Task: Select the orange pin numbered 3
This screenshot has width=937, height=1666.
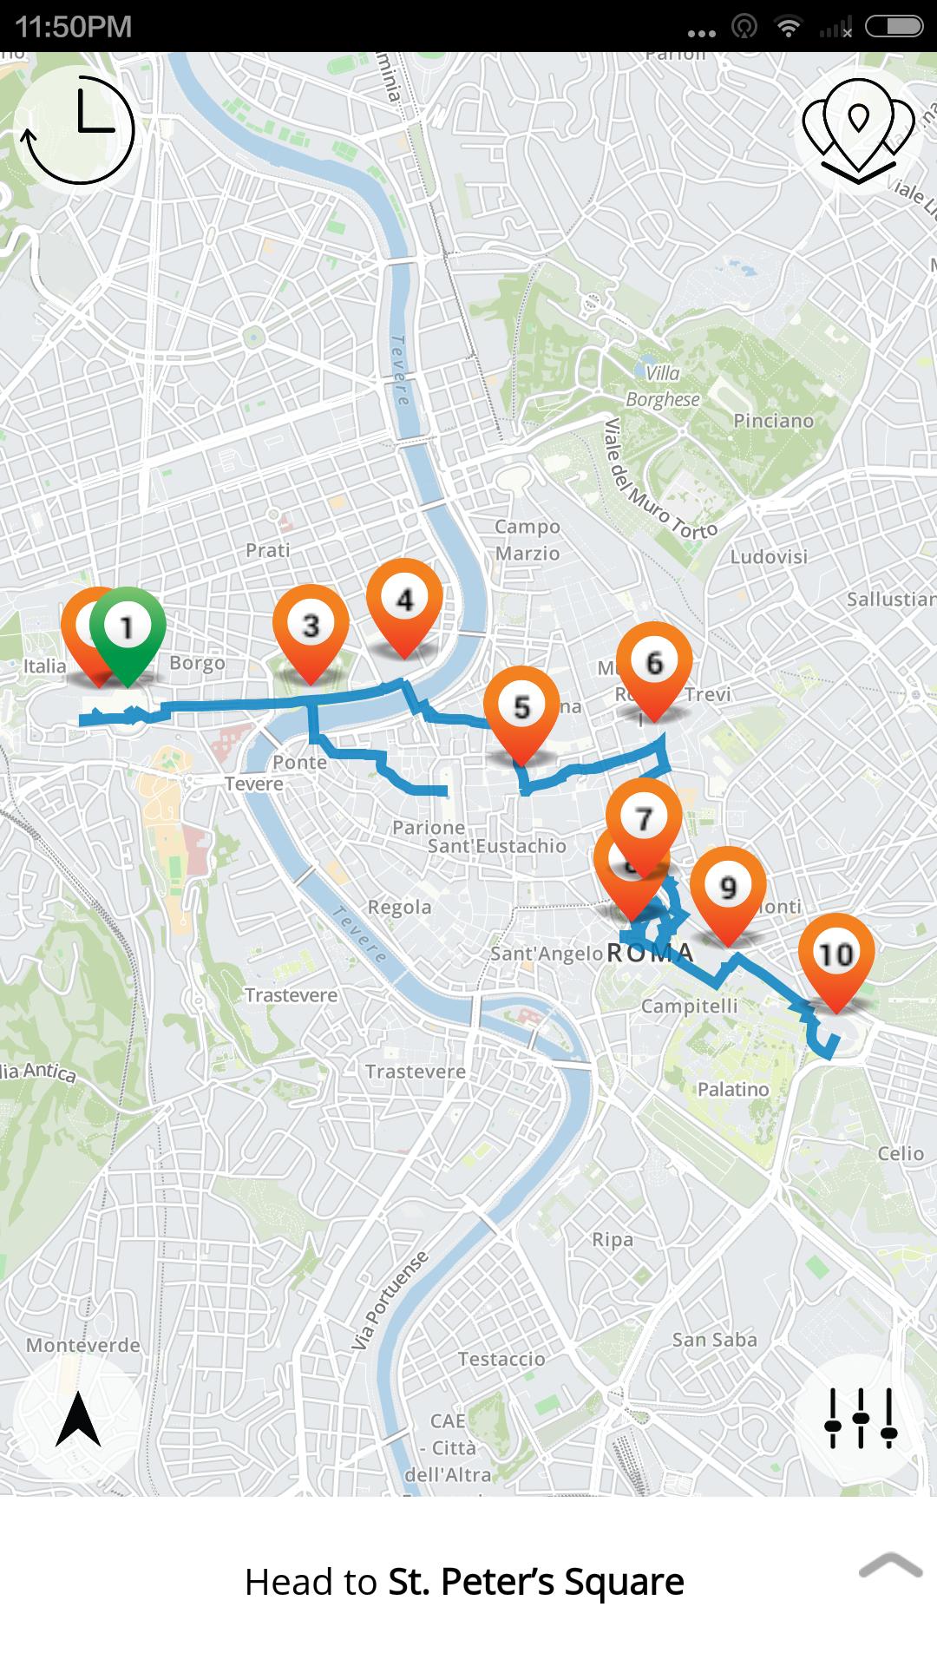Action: pos(311,626)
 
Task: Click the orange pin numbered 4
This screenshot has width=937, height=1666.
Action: pos(404,600)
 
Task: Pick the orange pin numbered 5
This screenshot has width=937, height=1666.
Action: pos(521,707)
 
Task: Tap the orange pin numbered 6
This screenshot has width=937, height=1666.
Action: pos(654,663)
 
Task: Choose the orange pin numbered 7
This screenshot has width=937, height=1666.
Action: pos(643,818)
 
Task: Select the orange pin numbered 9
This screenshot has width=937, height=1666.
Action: pos(728,887)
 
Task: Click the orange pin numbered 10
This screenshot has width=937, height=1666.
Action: pos(835,954)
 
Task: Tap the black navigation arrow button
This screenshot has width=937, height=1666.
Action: pos(78,1419)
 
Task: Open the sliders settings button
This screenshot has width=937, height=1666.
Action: pos(860,1418)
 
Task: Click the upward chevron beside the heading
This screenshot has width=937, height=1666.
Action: pos(890,1565)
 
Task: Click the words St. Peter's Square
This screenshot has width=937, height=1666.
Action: pos(535,1582)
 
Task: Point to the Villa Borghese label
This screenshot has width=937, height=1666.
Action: pos(663,386)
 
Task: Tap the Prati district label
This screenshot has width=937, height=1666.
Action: pos(267,550)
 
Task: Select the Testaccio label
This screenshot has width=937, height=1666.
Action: pos(501,1359)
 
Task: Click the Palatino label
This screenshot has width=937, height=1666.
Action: pos(733,1089)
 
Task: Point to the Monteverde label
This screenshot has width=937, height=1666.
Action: pos(82,1345)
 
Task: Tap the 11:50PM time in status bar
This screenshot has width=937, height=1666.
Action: pos(74,27)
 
